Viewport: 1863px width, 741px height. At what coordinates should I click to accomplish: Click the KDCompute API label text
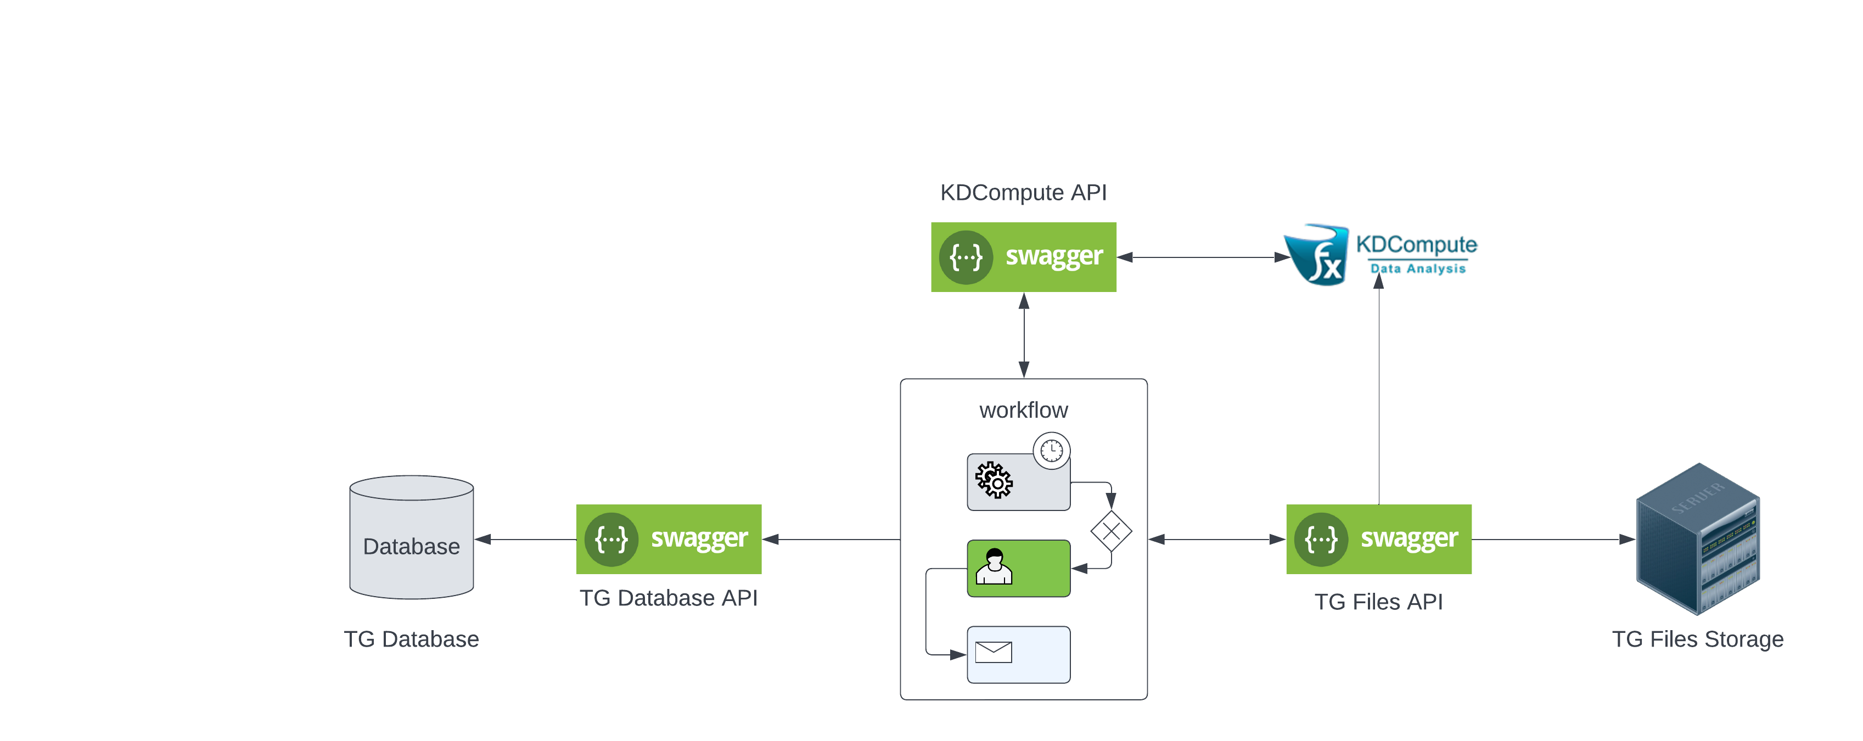pos(1023,192)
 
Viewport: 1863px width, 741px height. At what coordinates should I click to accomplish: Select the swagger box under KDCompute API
pos(1023,257)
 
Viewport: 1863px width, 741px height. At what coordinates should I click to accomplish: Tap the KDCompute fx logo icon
pos(1317,255)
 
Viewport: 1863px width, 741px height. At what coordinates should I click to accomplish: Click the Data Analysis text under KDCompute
pos(1417,268)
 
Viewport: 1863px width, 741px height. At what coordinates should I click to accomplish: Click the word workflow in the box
pos(1023,410)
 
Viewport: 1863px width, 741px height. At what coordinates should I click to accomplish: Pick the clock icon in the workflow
pos(1051,451)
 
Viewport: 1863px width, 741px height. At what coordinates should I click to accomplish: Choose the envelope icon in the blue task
pos(993,652)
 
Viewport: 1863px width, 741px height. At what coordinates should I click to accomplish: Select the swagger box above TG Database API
pos(668,538)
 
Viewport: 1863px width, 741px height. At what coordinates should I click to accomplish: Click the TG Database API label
pos(668,598)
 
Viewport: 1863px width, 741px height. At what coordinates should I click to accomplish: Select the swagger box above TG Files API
pos(1378,538)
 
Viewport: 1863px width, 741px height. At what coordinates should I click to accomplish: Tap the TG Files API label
pos(1378,602)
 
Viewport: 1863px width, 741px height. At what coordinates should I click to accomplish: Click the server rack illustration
pos(1697,538)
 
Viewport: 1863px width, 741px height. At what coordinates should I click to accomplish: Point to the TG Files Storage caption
pos(1697,639)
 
